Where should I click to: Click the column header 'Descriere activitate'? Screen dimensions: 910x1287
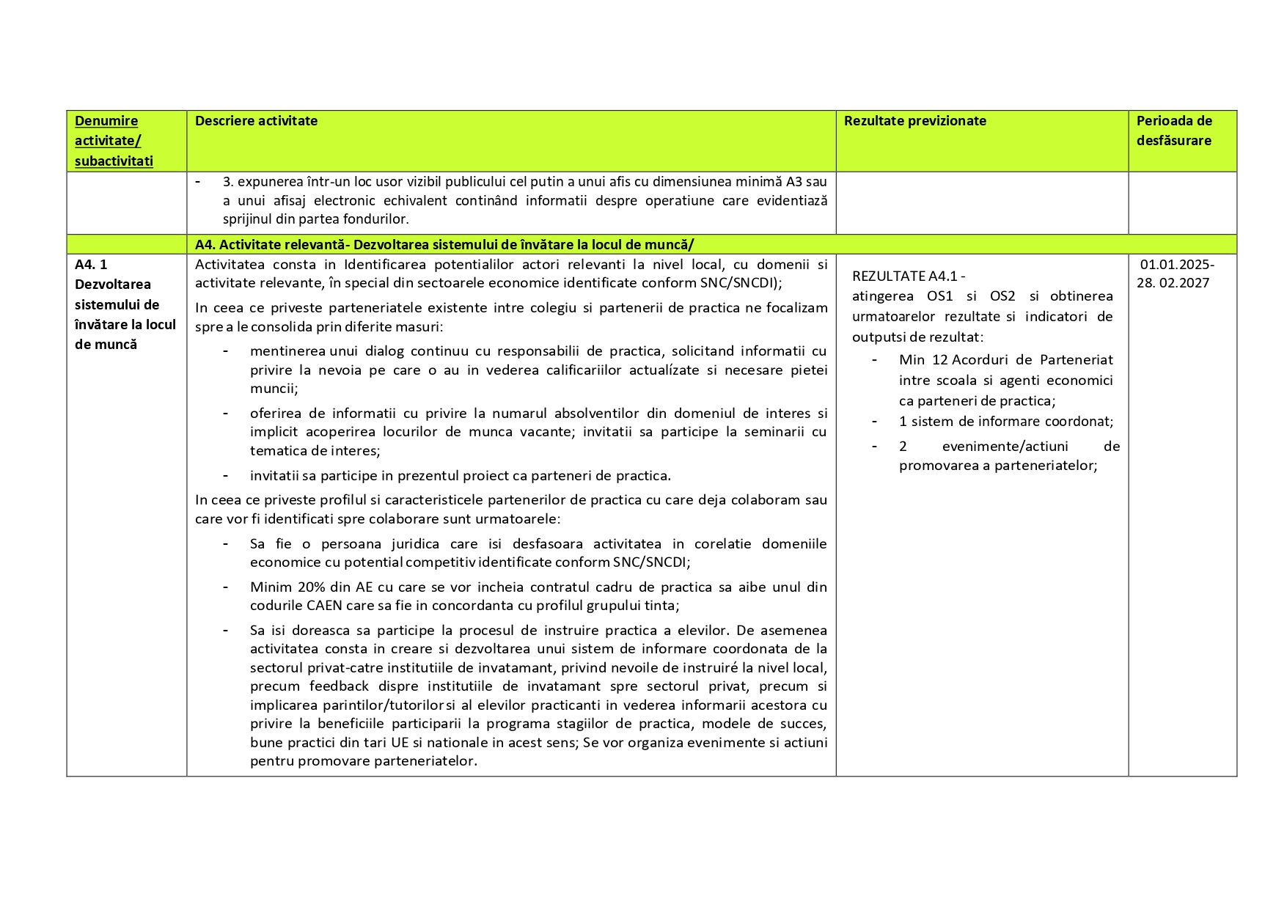pyautogui.click(x=256, y=121)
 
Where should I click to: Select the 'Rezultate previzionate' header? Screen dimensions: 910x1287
pyautogui.click(x=914, y=121)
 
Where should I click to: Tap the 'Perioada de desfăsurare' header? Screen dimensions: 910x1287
pyautogui.click(x=1174, y=131)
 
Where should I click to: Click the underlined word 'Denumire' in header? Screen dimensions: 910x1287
pyautogui.click(x=106, y=121)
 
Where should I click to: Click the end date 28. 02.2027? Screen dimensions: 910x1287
pyautogui.click(x=1173, y=283)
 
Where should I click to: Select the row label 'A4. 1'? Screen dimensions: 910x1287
pyautogui.click(x=91, y=264)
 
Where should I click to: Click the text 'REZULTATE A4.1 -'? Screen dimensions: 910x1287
pyautogui.click(x=909, y=276)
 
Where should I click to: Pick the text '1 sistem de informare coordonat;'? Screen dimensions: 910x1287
pyautogui.click(x=1005, y=421)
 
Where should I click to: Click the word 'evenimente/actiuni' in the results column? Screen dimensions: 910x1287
pyautogui.click(x=1005, y=446)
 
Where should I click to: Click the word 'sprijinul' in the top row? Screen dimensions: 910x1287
pyautogui.click(x=247, y=219)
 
